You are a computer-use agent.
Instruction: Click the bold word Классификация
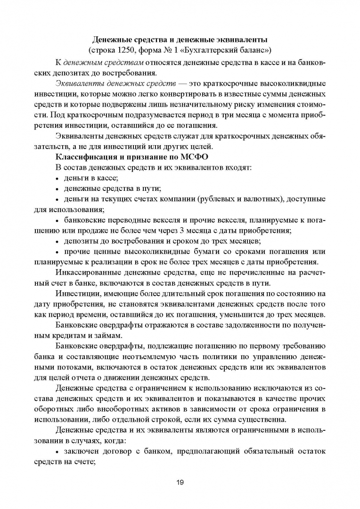(87, 156)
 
